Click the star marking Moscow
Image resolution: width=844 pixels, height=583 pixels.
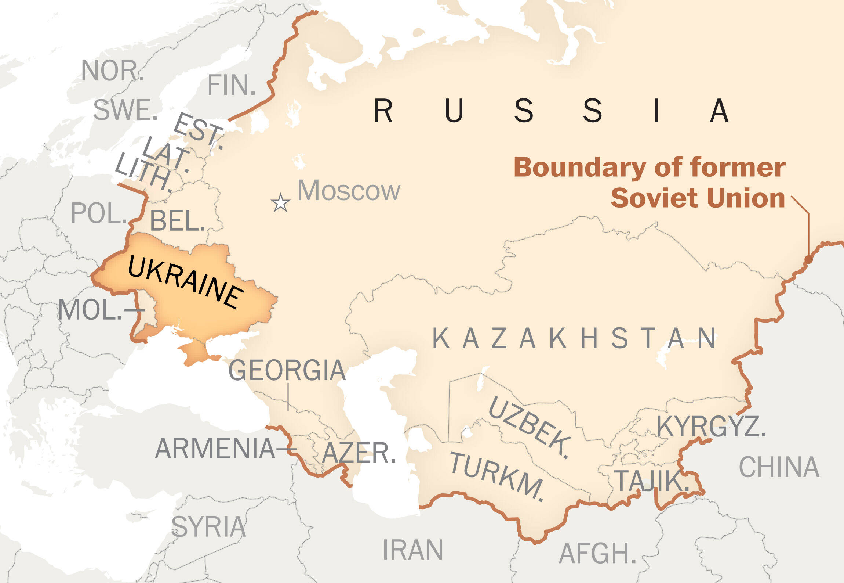click(281, 203)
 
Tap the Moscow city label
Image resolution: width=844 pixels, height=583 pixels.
click(349, 191)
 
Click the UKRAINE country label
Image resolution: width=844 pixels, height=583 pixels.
click(186, 282)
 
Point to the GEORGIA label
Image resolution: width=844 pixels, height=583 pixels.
click(287, 370)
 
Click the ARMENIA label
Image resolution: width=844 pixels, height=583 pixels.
click(215, 449)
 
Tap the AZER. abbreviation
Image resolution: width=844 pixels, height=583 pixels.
click(359, 453)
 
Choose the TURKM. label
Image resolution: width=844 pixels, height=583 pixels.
click(498, 476)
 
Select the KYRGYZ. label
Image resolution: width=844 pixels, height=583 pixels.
click(711, 427)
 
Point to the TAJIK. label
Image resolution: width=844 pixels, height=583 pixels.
click(651, 481)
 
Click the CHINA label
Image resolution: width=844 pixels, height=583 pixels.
click(779, 467)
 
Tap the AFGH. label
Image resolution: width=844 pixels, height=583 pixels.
click(597, 554)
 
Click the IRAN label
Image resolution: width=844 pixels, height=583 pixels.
click(413, 550)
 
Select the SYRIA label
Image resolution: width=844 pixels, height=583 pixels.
click(208, 527)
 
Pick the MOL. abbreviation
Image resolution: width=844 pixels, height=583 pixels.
click(90, 310)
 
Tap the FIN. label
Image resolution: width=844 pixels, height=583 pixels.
click(231, 85)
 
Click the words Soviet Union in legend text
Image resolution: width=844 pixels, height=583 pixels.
click(698, 198)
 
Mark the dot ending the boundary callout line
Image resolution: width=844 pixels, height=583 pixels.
click(808, 260)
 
